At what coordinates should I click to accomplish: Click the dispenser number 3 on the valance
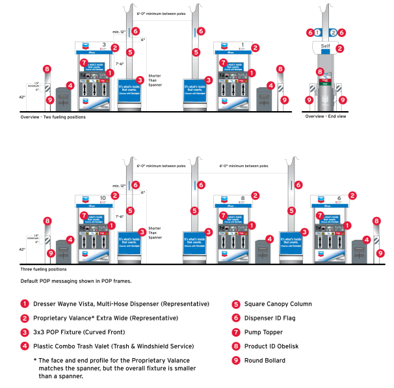coord(103,46)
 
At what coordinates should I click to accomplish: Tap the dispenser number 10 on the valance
coord(103,197)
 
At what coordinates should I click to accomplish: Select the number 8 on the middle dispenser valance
coord(243,197)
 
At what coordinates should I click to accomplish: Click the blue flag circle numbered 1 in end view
coord(319,32)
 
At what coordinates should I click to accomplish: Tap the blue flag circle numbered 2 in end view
coord(333,32)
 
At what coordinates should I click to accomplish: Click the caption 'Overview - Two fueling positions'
coord(53,117)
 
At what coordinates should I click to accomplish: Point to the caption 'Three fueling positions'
coord(44,268)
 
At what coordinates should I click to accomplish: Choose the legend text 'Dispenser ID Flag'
coord(270,318)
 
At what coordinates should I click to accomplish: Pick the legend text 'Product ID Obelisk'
coord(272,346)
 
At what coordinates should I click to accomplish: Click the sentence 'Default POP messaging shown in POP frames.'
coord(77,282)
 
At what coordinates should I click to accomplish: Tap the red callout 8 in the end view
coord(319,71)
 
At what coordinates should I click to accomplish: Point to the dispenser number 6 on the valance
coord(337,197)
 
